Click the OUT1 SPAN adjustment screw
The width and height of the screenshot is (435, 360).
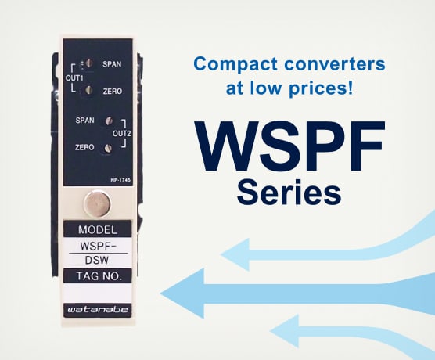(88, 63)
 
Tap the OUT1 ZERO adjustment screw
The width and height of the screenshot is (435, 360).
(88, 90)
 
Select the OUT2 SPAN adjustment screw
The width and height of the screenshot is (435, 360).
(109, 121)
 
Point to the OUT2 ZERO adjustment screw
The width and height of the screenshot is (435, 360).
(108, 149)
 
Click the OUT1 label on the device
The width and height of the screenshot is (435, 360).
(74, 78)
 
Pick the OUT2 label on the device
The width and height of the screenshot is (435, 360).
(121, 134)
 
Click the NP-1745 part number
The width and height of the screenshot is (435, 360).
(120, 180)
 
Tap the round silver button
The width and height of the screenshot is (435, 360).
(97, 203)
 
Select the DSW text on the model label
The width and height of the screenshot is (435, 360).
(97, 261)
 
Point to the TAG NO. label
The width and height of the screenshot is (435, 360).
(99, 276)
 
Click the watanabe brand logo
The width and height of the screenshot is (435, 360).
(98, 309)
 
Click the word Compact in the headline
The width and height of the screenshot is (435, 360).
(235, 65)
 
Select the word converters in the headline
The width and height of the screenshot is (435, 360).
(335, 64)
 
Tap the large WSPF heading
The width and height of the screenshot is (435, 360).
(289, 146)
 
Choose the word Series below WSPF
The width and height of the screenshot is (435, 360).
(289, 192)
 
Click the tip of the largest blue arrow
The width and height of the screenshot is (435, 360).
(160, 293)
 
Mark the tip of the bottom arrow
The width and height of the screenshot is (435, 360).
(270, 331)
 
